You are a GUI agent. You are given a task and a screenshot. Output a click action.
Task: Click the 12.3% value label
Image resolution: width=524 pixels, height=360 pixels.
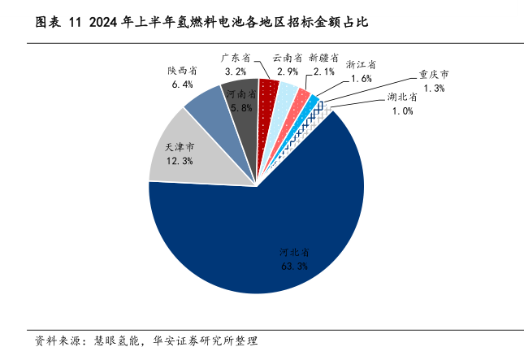[179, 162]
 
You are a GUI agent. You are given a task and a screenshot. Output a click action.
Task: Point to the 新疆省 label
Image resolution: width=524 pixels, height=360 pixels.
[323, 58]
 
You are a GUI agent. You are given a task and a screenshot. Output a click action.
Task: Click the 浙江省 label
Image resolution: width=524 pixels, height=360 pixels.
[361, 63]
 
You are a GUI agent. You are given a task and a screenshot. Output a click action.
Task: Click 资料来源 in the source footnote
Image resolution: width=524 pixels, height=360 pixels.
[50, 339]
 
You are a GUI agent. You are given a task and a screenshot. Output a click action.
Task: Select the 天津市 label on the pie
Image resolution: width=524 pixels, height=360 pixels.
[179, 147]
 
